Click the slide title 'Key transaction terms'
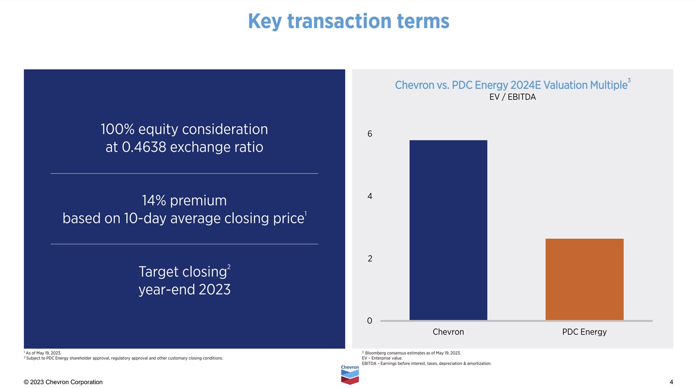pyautogui.click(x=349, y=21)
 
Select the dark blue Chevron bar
pyautogui.click(x=448, y=230)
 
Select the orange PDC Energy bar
pyautogui.click(x=584, y=279)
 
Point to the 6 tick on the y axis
pyautogui.click(x=370, y=134)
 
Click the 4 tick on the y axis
pyautogui.click(x=370, y=196)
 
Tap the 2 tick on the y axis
pyautogui.click(x=370, y=258)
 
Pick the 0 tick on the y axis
pyautogui.click(x=370, y=321)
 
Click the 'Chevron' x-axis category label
pyautogui.click(x=448, y=332)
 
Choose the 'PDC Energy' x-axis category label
pyautogui.click(x=584, y=332)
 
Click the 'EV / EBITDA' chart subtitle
pyautogui.click(x=512, y=97)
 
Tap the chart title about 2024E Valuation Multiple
pyautogui.click(x=511, y=85)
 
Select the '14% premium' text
pyautogui.click(x=184, y=200)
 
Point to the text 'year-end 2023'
pyautogui.click(x=184, y=289)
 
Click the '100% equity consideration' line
pyautogui.click(x=184, y=129)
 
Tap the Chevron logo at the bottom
pyautogui.click(x=349, y=375)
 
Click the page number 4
pyautogui.click(x=671, y=382)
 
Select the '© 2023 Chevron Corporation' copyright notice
pyautogui.click(x=63, y=382)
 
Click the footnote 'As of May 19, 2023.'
pyautogui.click(x=43, y=353)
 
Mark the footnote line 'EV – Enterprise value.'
pyautogui.click(x=383, y=358)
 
